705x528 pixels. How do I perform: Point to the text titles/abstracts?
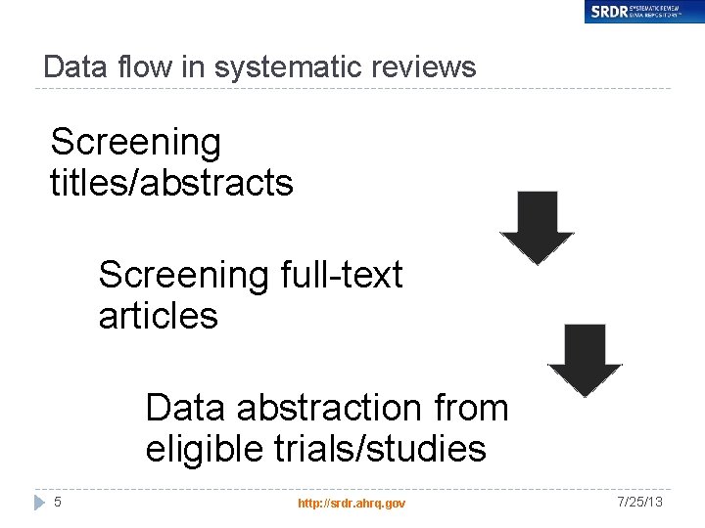[171, 183]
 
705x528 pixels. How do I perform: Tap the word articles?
[158, 316]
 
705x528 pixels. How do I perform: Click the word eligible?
[204, 449]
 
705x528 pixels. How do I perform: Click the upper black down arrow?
[537, 227]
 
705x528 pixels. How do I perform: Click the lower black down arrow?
[585, 360]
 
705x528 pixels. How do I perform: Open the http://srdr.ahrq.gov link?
[352, 503]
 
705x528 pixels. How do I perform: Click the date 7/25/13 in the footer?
[639, 502]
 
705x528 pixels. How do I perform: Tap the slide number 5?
[58, 502]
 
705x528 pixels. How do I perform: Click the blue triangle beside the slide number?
[39, 502]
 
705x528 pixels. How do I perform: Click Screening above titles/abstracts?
[135, 143]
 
